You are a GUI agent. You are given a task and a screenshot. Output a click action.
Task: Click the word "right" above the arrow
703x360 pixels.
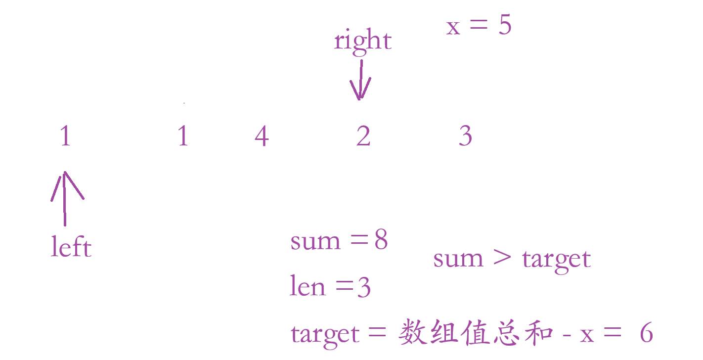(x=363, y=41)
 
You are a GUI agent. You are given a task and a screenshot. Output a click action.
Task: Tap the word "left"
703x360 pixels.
(x=71, y=246)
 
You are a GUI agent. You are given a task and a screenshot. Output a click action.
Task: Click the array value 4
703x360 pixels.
(x=262, y=136)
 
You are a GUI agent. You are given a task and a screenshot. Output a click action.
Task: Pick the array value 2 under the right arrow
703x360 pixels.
(x=363, y=136)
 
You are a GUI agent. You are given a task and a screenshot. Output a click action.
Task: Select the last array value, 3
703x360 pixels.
(x=466, y=136)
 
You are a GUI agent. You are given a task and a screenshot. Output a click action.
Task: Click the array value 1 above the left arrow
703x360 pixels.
(x=65, y=136)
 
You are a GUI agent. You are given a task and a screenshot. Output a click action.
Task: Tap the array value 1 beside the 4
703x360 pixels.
(x=183, y=136)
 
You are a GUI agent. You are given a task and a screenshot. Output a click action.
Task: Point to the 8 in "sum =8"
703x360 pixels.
(x=381, y=241)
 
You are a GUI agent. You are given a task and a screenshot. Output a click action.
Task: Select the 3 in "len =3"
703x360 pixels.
(x=364, y=287)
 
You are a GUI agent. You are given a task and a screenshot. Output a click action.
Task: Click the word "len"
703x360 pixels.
(x=307, y=287)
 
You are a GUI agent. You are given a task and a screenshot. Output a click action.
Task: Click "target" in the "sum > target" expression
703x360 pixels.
(x=556, y=259)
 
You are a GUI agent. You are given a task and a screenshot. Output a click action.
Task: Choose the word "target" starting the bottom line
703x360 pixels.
(x=325, y=334)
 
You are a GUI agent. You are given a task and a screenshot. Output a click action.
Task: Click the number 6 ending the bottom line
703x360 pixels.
(x=646, y=333)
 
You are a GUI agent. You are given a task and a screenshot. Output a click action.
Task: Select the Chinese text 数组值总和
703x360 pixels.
(x=475, y=332)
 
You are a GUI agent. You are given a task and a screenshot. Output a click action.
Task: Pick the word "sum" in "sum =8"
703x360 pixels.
(x=315, y=242)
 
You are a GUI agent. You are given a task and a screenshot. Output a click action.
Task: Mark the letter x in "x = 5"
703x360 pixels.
(x=453, y=28)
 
